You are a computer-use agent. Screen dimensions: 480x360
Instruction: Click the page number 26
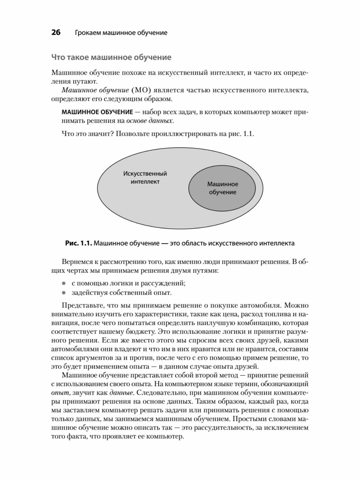point(56,32)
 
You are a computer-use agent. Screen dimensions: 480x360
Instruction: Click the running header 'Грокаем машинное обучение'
point(121,33)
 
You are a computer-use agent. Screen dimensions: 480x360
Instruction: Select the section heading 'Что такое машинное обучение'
point(111,57)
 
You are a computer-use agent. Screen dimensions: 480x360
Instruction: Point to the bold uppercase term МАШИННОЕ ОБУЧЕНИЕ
point(97,112)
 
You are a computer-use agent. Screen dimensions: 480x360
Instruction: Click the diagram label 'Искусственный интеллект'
point(145,177)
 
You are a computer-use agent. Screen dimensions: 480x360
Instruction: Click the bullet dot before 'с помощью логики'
point(63,283)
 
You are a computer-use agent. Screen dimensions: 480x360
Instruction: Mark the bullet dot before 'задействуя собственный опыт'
point(63,292)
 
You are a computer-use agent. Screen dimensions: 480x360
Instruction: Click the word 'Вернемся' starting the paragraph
point(76,262)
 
